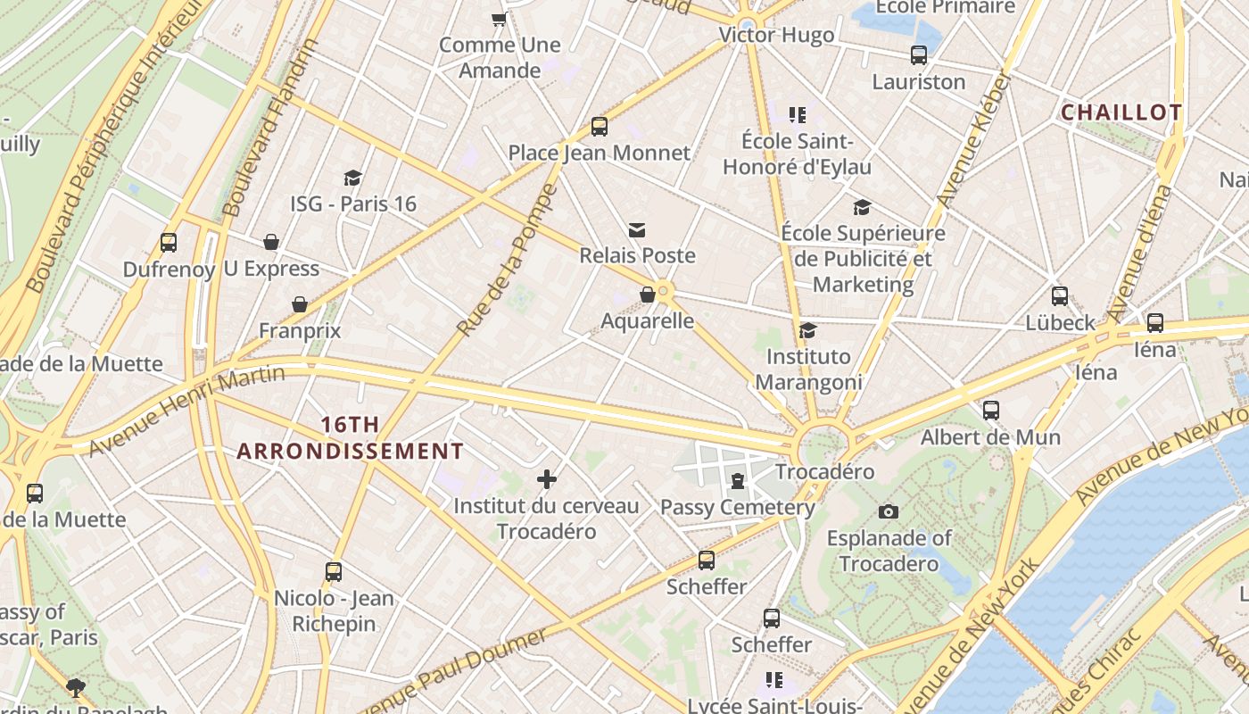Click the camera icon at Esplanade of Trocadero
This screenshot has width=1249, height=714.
click(888, 511)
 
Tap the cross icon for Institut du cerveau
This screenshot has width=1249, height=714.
click(547, 479)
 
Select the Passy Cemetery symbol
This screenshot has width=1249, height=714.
click(737, 482)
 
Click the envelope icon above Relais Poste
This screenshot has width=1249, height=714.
click(636, 230)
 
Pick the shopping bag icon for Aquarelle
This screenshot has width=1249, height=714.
click(648, 295)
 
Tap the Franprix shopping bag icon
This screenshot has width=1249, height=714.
click(300, 305)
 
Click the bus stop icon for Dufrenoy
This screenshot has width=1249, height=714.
click(168, 243)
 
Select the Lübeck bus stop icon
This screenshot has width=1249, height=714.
click(1060, 296)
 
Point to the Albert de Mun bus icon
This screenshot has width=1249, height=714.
click(990, 411)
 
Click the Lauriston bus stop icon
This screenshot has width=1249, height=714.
click(919, 55)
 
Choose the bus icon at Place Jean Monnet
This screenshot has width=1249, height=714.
click(600, 127)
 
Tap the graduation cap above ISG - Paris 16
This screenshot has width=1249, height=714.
click(353, 178)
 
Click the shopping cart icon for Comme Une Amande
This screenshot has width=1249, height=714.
click(500, 19)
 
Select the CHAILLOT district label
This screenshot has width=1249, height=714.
click(1121, 112)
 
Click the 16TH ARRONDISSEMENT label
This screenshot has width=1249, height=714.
click(350, 437)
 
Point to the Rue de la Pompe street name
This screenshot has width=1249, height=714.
click(507, 261)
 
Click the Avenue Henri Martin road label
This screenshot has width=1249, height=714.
click(187, 411)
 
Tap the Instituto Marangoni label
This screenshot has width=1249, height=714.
click(808, 369)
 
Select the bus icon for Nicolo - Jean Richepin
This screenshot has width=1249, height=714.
click(334, 572)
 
